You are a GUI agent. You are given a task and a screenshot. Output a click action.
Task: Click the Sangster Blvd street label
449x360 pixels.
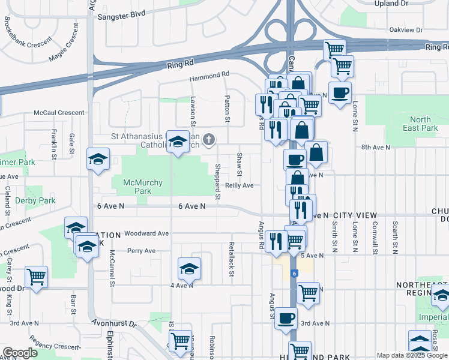point(121,13)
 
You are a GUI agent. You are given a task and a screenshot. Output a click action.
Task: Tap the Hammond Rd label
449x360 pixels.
point(209,75)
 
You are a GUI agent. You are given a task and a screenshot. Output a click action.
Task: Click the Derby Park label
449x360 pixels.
point(35,200)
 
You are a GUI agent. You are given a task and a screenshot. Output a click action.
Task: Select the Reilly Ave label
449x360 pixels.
point(240,186)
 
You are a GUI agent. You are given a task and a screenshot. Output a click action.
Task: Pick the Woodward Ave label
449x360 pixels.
point(148,233)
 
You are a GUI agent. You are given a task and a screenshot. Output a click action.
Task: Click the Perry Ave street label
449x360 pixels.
point(142,251)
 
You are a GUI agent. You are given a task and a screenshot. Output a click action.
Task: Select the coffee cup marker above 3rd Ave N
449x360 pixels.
point(286,317)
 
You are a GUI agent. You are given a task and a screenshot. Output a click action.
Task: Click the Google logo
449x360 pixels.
point(20,353)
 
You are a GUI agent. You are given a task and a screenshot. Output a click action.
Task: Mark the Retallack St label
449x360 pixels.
point(231,259)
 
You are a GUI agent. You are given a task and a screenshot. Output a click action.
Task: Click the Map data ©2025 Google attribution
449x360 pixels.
point(411,355)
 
